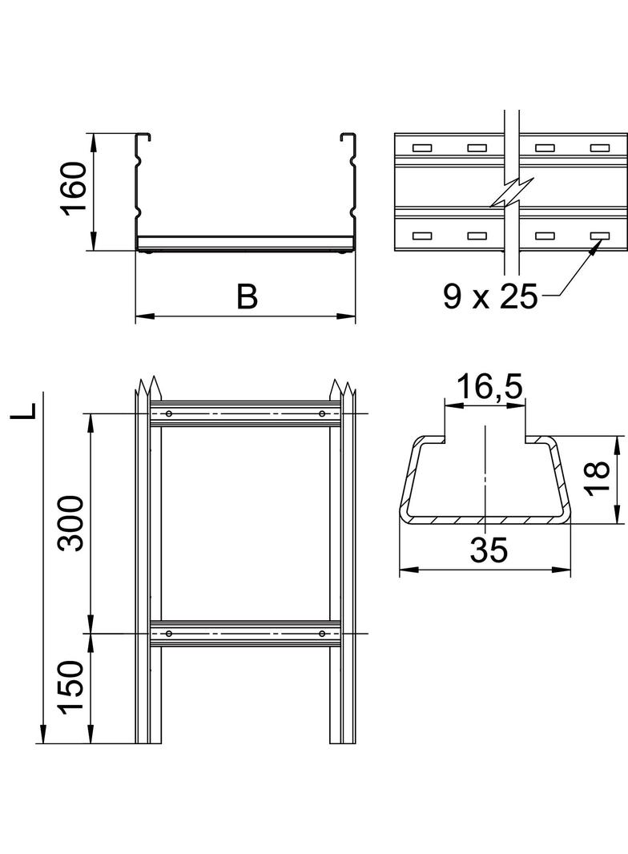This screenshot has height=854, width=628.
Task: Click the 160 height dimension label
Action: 74,188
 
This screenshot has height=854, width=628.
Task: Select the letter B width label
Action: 248,296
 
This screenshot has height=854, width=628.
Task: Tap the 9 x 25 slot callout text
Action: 490,296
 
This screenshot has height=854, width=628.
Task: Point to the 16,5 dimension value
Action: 489,387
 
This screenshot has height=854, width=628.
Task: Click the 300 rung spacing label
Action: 72,523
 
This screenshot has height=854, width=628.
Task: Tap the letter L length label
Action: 24,411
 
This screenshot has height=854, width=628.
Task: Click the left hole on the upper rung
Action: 169,414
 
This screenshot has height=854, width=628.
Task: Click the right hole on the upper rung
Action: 323,414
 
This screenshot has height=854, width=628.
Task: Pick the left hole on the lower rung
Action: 169,634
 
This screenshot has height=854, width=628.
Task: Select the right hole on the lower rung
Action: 323,634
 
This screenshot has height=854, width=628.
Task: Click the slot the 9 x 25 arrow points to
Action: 600,236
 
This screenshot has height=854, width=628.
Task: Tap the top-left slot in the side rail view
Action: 422,147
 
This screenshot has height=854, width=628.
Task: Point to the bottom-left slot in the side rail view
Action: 422,236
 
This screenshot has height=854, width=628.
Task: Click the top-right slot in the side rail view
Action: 600,147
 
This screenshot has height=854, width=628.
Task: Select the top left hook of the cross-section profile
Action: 143,136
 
